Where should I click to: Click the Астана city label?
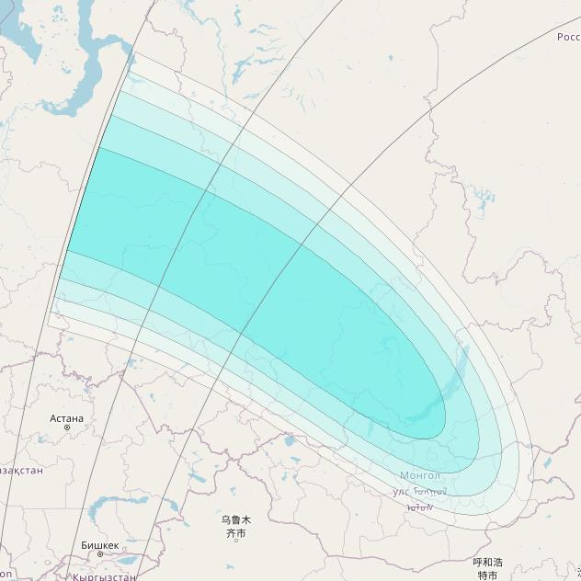coord(67,418)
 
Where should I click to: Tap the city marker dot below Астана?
coord(67,427)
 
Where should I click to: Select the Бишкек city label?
coord(99,544)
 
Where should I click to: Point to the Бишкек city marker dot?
coord(99,553)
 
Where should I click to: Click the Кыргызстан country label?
coord(104,576)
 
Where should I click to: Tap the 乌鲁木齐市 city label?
coord(235,526)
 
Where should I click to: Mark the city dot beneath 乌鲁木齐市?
coord(235,540)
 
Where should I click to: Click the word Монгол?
coord(420,475)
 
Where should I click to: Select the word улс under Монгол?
coord(401,492)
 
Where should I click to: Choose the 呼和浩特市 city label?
coord(487,568)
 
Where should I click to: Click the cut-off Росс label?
coord(568,37)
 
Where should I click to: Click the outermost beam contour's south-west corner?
coord(48,316)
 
